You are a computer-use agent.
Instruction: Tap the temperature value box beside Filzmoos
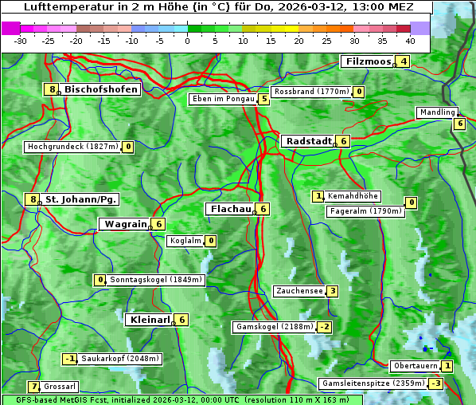click(x=404, y=61)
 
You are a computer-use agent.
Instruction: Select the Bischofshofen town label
click(x=101, y=89)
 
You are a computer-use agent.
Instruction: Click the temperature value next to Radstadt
click(x=343, y=141)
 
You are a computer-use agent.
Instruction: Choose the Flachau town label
click(x=229, y=209)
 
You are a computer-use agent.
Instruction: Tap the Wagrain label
click(x=126, y=224)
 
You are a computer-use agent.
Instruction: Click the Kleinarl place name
click(x=149, y=320)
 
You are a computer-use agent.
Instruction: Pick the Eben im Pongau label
click(x=223, y=99)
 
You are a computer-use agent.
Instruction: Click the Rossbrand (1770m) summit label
click(x=311, y=92)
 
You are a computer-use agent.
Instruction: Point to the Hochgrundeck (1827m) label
click(x=72, y=147)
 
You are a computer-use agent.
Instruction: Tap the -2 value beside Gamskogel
click(x=324, y=327)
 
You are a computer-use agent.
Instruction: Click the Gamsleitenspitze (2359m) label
click(x=372, y=383)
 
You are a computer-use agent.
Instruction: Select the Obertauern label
click(x=416, y=366)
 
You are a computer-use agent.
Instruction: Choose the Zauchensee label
click(x=298, y=291)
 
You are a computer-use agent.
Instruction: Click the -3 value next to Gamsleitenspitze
click(x=435, y=383)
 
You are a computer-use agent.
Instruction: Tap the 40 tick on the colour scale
click(x=410, y=40)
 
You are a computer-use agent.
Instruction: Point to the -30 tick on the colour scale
click(x=21, y=40)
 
